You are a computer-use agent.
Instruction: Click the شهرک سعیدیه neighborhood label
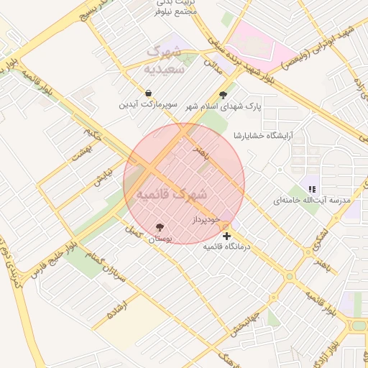[165, 60]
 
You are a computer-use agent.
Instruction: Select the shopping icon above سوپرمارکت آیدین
[148, 93]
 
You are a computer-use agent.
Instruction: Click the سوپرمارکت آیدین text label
[148, 105]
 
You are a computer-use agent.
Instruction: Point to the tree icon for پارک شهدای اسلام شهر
[223, 95]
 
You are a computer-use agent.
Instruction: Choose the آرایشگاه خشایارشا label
[264, 135]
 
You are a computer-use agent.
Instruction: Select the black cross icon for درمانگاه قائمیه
[227, 236]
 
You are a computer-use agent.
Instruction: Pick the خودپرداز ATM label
[206, 218]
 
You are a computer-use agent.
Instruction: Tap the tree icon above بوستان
[160, 227]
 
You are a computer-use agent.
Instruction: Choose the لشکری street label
[321, 236]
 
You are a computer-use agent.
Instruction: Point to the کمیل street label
[132, 232]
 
